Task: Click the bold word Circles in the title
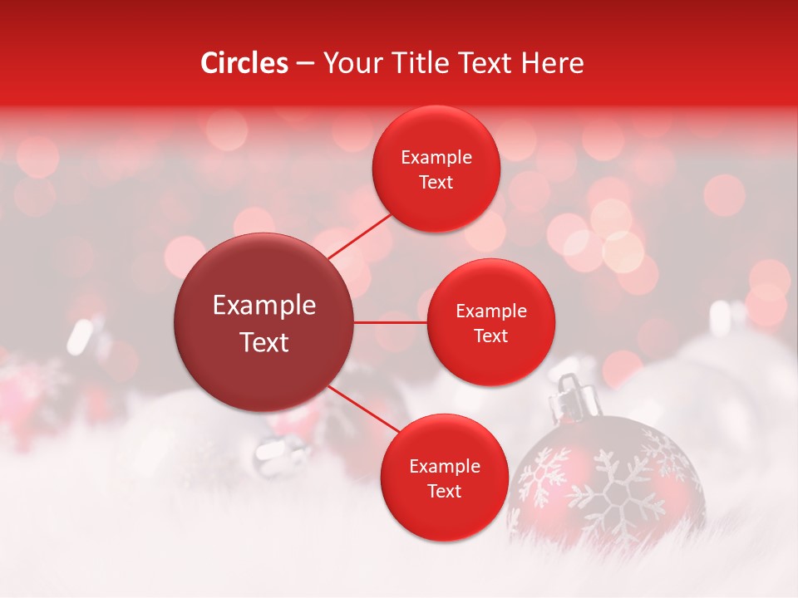[x=244, y=63]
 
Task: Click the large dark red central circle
[x=264, y=322]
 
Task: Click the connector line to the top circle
[x=359, y=234]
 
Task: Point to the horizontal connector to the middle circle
[x=391, y=322]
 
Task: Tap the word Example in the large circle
[x=264, y=305]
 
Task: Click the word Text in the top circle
[x=436, y=183]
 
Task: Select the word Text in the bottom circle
[x=444, y=491]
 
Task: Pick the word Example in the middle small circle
[x=491, y=311]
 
